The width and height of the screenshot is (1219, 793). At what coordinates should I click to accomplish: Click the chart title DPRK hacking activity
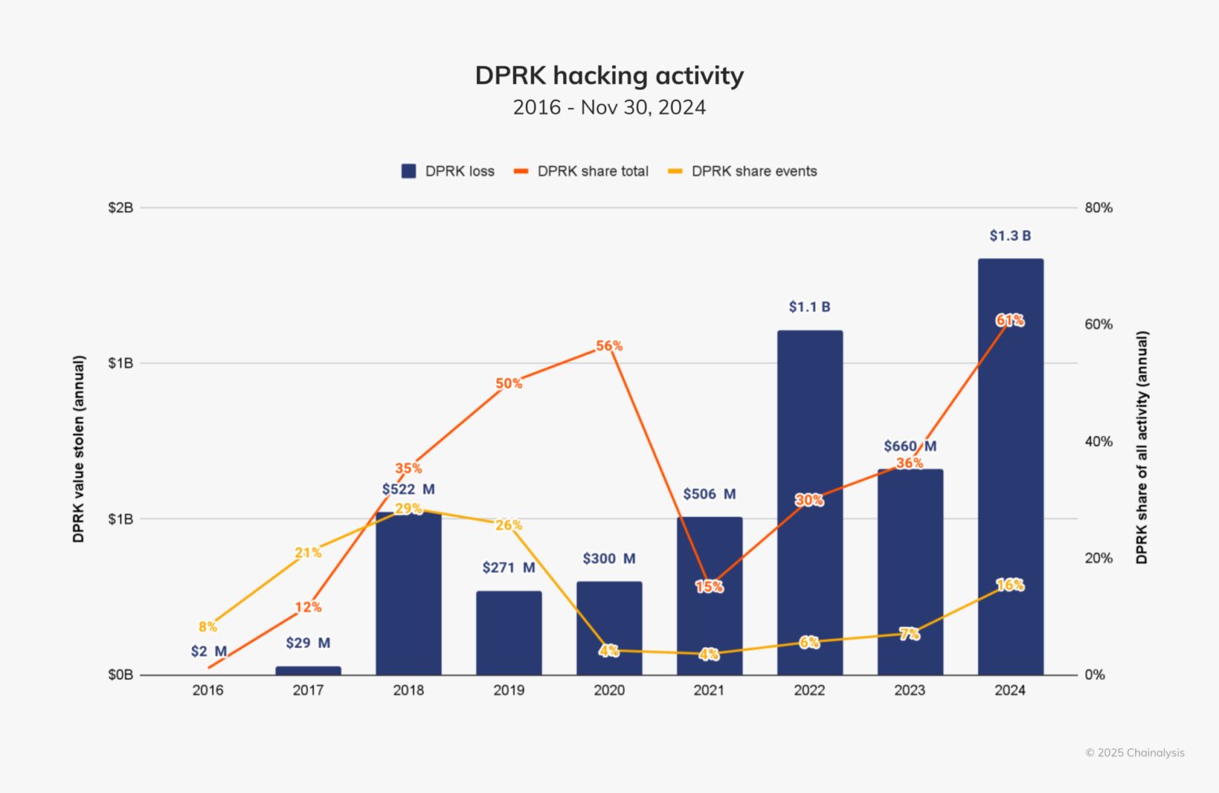609,76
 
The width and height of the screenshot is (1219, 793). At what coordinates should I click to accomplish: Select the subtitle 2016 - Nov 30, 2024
609,107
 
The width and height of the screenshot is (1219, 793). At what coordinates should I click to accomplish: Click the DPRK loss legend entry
448,172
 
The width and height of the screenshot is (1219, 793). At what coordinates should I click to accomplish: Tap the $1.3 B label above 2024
1010,236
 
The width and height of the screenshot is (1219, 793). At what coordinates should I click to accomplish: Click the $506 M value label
709,495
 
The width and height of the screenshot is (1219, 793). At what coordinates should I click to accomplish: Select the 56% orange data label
609,346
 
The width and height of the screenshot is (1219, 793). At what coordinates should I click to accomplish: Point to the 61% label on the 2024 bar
1010,320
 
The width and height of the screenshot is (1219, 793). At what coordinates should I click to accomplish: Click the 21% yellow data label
308,553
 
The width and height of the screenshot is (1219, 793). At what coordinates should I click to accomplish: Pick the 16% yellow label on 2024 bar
1010,585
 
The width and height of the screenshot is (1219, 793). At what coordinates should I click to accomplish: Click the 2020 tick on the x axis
609,691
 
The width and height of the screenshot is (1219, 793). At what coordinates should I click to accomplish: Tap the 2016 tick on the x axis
208,691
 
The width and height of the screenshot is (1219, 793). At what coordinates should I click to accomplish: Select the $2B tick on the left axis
120,208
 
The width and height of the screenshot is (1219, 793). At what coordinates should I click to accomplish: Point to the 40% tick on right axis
1099,442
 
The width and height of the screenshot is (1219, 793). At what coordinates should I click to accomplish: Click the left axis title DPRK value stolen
79,449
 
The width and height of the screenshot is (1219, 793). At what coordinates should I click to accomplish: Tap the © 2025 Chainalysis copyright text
1134,753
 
